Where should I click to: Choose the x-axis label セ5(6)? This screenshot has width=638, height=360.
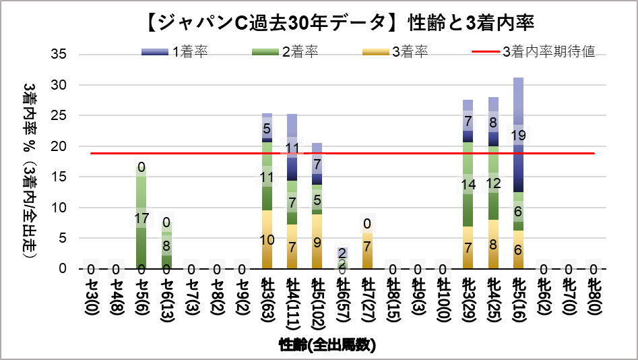pos(141,293)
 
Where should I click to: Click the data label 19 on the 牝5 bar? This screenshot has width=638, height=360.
pos(518,136)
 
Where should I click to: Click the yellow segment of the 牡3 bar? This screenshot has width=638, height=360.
pos(267,239)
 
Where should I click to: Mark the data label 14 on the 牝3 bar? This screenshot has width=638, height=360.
pos(468,184)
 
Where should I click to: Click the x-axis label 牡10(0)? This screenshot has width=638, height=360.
pos(443,297)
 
